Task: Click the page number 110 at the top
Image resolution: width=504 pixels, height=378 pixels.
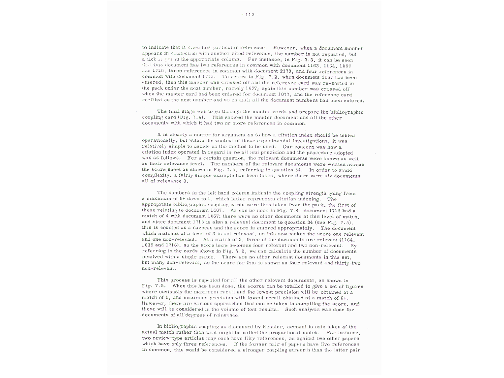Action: click(252, 15)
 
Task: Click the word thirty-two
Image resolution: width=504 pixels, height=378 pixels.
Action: click(348, 263)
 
